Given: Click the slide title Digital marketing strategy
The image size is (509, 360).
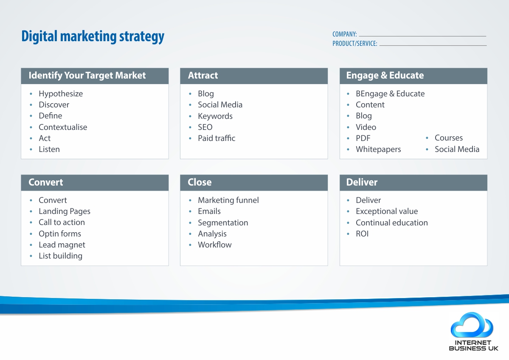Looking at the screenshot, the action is click(x=93, y=37).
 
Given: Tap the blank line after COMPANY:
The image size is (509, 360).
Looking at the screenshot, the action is click(x=422, y=36).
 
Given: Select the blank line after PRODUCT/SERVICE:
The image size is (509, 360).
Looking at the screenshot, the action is click(x=433, y=45).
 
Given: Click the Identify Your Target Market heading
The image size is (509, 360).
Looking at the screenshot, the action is click(x=87, y=75).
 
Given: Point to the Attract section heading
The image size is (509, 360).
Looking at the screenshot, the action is click(x=203, y=75).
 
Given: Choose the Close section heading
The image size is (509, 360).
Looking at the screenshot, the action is click(x=200, y=182).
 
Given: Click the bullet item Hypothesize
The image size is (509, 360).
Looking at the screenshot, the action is click(x=61, y=94).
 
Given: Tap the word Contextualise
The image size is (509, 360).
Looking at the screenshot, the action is click(x=63, y=127).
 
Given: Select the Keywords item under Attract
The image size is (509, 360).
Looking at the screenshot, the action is click(x=215, y=116).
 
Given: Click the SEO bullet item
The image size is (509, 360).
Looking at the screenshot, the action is click(x=205, y=127).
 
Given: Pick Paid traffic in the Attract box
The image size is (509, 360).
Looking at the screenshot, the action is click(x=217, y=138).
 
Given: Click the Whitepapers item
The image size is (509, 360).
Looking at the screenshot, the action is click(x=378, y=149).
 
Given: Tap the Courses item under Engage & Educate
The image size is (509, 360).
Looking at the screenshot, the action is click(x=449, y=138).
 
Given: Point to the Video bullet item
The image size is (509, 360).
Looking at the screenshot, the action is click(x=366, y=127).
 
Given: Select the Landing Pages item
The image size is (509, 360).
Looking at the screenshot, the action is click(x=65, y=211).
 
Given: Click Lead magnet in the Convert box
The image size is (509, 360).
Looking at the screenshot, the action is click(x=62, y=245).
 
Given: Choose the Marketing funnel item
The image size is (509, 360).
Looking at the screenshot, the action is click(x=228, y=200).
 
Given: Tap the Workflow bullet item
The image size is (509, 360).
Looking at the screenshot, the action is click(x=215, y=245).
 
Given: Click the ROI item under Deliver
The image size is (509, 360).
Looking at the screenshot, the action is click(x=362, y=234).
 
